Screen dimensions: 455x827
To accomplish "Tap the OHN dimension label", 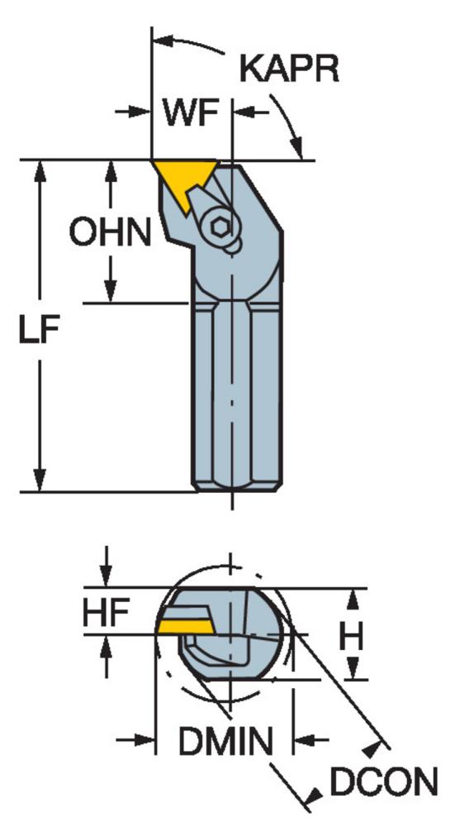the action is tap(110, 232).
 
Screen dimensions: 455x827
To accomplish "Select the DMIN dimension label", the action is tap(225, 741).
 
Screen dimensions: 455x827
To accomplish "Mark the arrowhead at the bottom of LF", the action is tap(40, 479).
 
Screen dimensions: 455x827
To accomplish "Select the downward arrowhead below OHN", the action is tap(110, 289).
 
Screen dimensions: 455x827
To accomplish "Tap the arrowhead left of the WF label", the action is tap(139, 112).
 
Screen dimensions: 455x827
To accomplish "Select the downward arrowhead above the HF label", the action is tap(106, 575).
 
